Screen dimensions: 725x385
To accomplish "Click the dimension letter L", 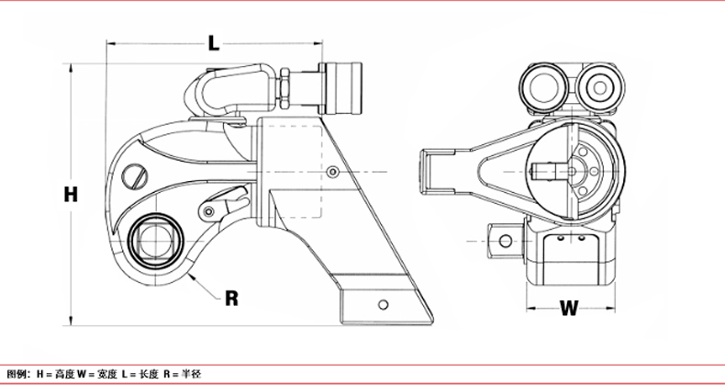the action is (x=213, y=43).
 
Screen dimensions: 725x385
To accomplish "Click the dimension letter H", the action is (x=71, y=195).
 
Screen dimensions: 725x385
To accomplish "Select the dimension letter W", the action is (x=569, y=308).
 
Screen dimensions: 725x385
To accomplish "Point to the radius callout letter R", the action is (x=231, y=299).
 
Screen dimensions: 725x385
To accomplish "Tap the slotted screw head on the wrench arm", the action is (x=135, y=176).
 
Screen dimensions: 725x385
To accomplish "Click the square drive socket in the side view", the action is (x=156, y=241).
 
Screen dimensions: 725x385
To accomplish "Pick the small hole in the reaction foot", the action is (x=383, y=304).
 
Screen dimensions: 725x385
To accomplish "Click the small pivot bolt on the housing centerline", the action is (x=332, y=172).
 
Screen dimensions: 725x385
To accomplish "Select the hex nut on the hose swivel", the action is (x=284, y=88).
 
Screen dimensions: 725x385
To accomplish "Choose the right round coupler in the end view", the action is (x=600, y=88).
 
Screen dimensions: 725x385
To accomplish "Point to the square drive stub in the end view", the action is (x=506, y=241).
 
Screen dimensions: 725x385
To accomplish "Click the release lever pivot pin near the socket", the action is (x=209, y=212).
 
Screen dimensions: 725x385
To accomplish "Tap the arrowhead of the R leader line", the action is (x=192, y=277).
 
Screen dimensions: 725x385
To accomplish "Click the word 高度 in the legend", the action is (x=64, y=374).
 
